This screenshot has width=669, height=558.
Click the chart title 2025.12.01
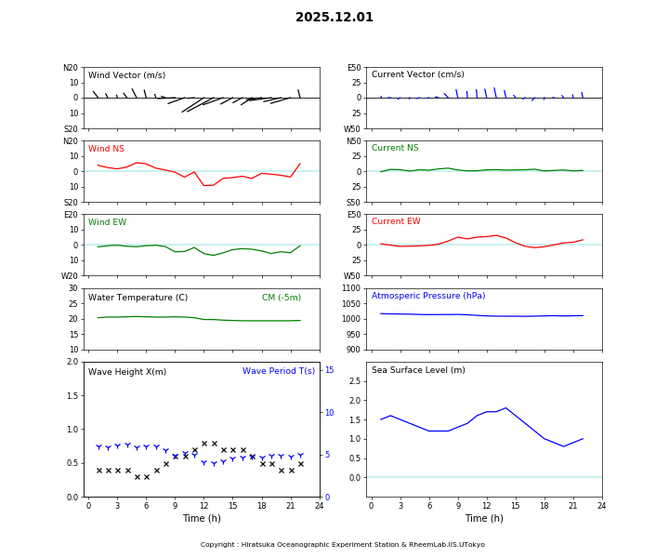pyautogui.click(x=334, y=18)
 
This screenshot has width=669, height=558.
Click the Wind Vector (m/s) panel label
pyautogui.click(x=126, y=75)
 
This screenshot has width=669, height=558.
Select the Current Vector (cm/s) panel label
pyautogui.click(x=417, y=75)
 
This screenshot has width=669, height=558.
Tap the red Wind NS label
pyautogui.click(x=106, y=149)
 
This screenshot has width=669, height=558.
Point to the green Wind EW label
pyautogui.click(x=107, y=222)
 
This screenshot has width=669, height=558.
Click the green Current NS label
pyautogui.click(x=395, y=149)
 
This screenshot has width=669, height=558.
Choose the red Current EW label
pyautogui.click(x=396, y=222)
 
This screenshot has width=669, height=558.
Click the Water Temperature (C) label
pyautogui.click(x=138, y=298)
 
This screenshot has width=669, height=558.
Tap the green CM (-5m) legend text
pyautogui.click(x=281, y=298)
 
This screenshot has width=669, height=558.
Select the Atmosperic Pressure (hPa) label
pyautogui.click(x=428, y=297)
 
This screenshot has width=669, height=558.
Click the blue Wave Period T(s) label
pyautogui.click(x=279, y=371)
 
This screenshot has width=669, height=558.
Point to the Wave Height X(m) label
pyautogui.click(x=127, y=372)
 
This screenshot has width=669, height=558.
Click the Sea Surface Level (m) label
pyautogui.click(x=418, y=371)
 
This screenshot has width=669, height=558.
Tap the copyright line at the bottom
pyautogui.click(x=343, y=545)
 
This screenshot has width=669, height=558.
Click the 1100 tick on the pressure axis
pyautogui.click(x=350, y=288)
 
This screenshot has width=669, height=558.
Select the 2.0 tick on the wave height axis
pyautogui.click(x=72, y=362)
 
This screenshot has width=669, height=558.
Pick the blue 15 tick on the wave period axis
pyautogui.click(x=329, y=370)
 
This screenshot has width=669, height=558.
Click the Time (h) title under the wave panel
pyautogui.click(x=202, y=518)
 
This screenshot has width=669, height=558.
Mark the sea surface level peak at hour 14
pyautogui.click(x=505, y=407)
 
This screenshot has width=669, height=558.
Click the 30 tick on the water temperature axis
pyautogui.click(x=73, y=288)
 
